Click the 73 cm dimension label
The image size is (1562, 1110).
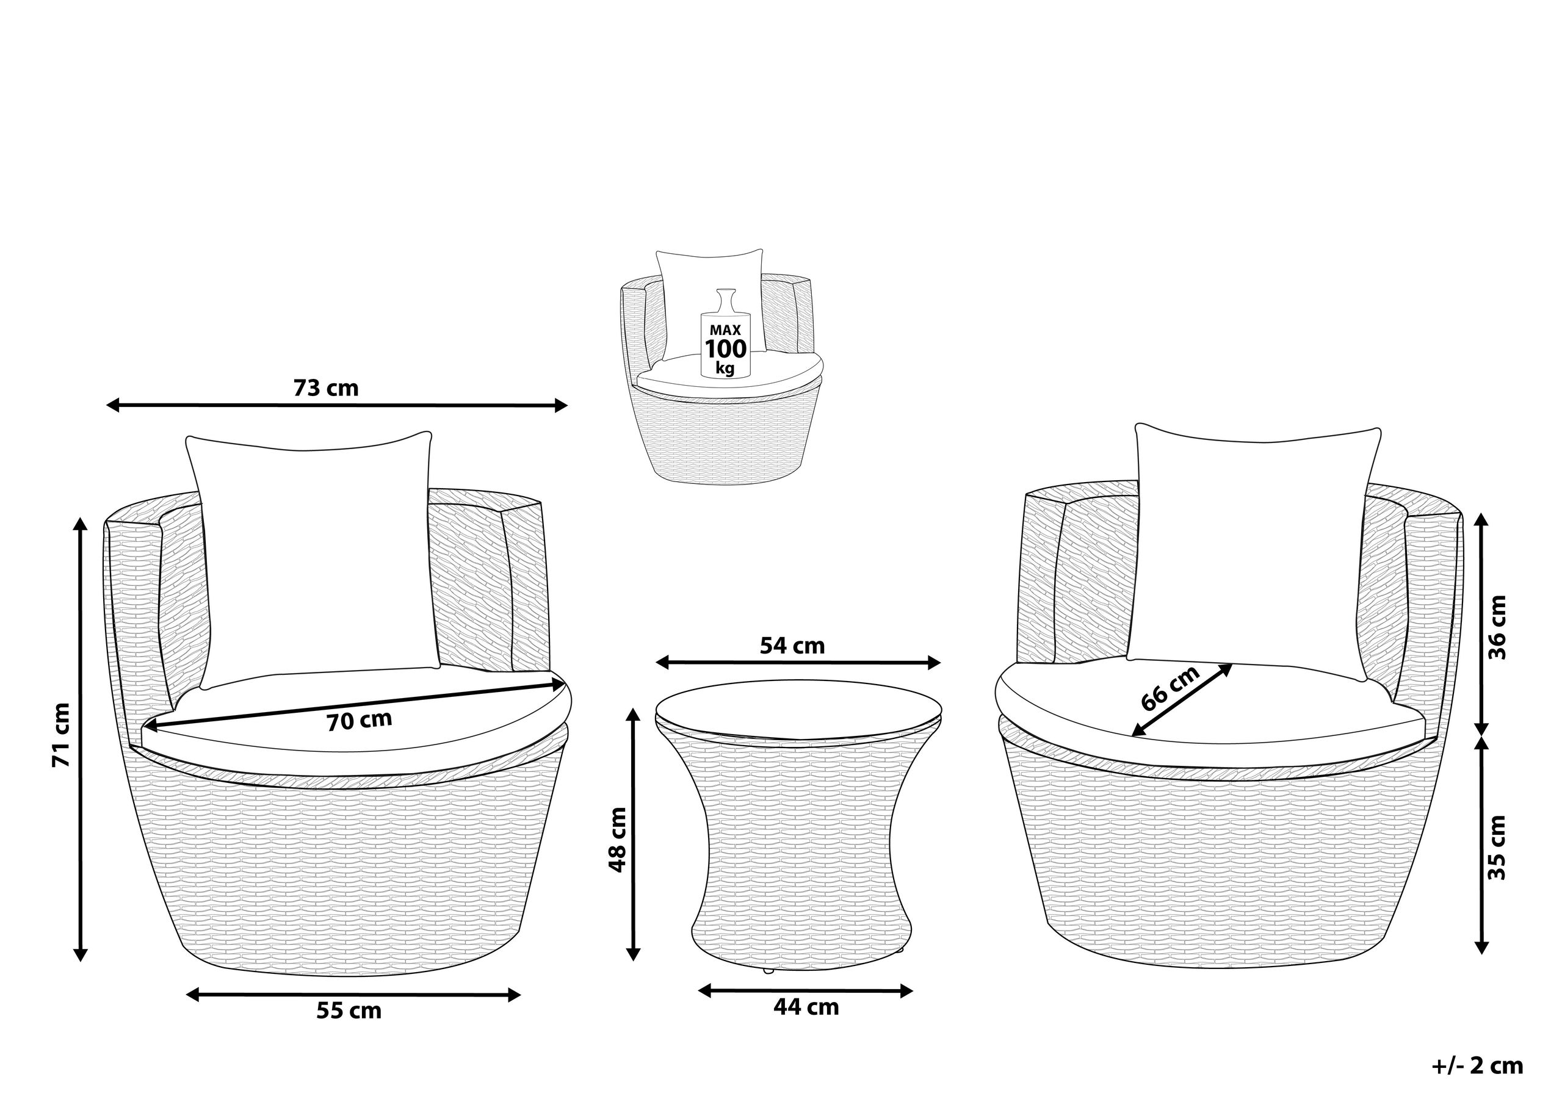(x=326, y=388)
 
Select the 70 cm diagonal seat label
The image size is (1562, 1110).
(x=359, y=721)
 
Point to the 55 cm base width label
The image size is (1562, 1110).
(x=349, y=1011)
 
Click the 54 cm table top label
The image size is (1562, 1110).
(x=792, y=645)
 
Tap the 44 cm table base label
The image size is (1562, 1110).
(x=806, y=1007)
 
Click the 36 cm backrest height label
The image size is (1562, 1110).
(x=1497, y=627)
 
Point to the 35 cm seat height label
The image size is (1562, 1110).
(x=1497, y=848)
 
